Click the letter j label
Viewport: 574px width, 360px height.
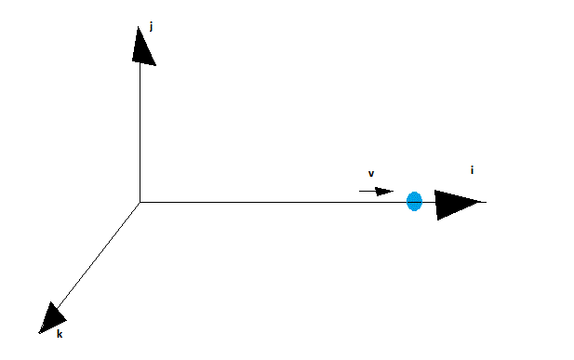point(151,27)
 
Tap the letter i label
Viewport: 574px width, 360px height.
point(472,170)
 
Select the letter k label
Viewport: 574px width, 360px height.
point(60,334)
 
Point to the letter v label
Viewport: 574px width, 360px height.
point(371,174)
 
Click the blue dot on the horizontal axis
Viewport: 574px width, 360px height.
point(414,202)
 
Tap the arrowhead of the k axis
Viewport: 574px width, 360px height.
point(52,319)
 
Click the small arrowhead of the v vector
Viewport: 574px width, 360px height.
point(384,192)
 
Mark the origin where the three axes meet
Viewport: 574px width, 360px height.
point(140,202)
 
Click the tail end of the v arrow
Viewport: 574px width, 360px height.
point(359,191)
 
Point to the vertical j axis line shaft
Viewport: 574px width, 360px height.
point(140,132)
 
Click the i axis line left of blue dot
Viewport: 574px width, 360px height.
point(274,202)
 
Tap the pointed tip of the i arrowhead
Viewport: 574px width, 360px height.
point(480,202)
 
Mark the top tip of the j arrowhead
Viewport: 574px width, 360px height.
point(138,27)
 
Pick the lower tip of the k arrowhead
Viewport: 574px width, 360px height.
point(39,333)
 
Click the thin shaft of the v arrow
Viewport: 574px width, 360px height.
point(367,191)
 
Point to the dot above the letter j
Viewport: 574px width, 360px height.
point(152,23)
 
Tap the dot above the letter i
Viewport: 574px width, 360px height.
point(472,167)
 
